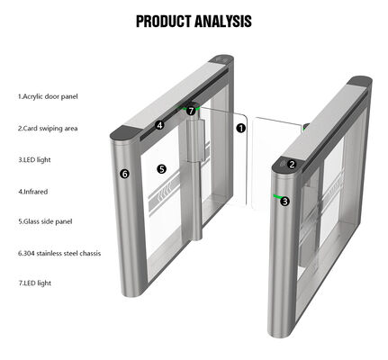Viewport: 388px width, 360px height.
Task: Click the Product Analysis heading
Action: click(x=194, y=21)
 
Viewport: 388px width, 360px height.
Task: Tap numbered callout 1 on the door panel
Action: click(x=241, y=129)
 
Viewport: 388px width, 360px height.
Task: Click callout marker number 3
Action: click(x=284, y=201)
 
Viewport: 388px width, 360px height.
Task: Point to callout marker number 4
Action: click(x=159, y=126)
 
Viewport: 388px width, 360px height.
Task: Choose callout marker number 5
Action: click(x=161, y=168)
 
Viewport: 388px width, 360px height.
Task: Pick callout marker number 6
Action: click(x=124, y=173)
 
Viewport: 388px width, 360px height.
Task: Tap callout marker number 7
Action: click(x=191, y=111)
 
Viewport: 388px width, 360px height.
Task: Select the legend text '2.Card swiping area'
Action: click(x=48, y=128)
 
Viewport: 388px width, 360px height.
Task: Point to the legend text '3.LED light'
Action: click(x=35, y=159)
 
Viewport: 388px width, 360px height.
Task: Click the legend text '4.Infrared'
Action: click(x=34, y=191)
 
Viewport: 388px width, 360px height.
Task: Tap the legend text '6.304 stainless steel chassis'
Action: click(x=59, y=253)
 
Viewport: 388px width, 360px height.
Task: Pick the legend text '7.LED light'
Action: click(x=35, y=283)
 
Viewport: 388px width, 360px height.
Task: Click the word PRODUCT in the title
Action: click(x=164, y=21)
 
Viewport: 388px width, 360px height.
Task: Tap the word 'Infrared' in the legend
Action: click(x=37, y=191)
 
